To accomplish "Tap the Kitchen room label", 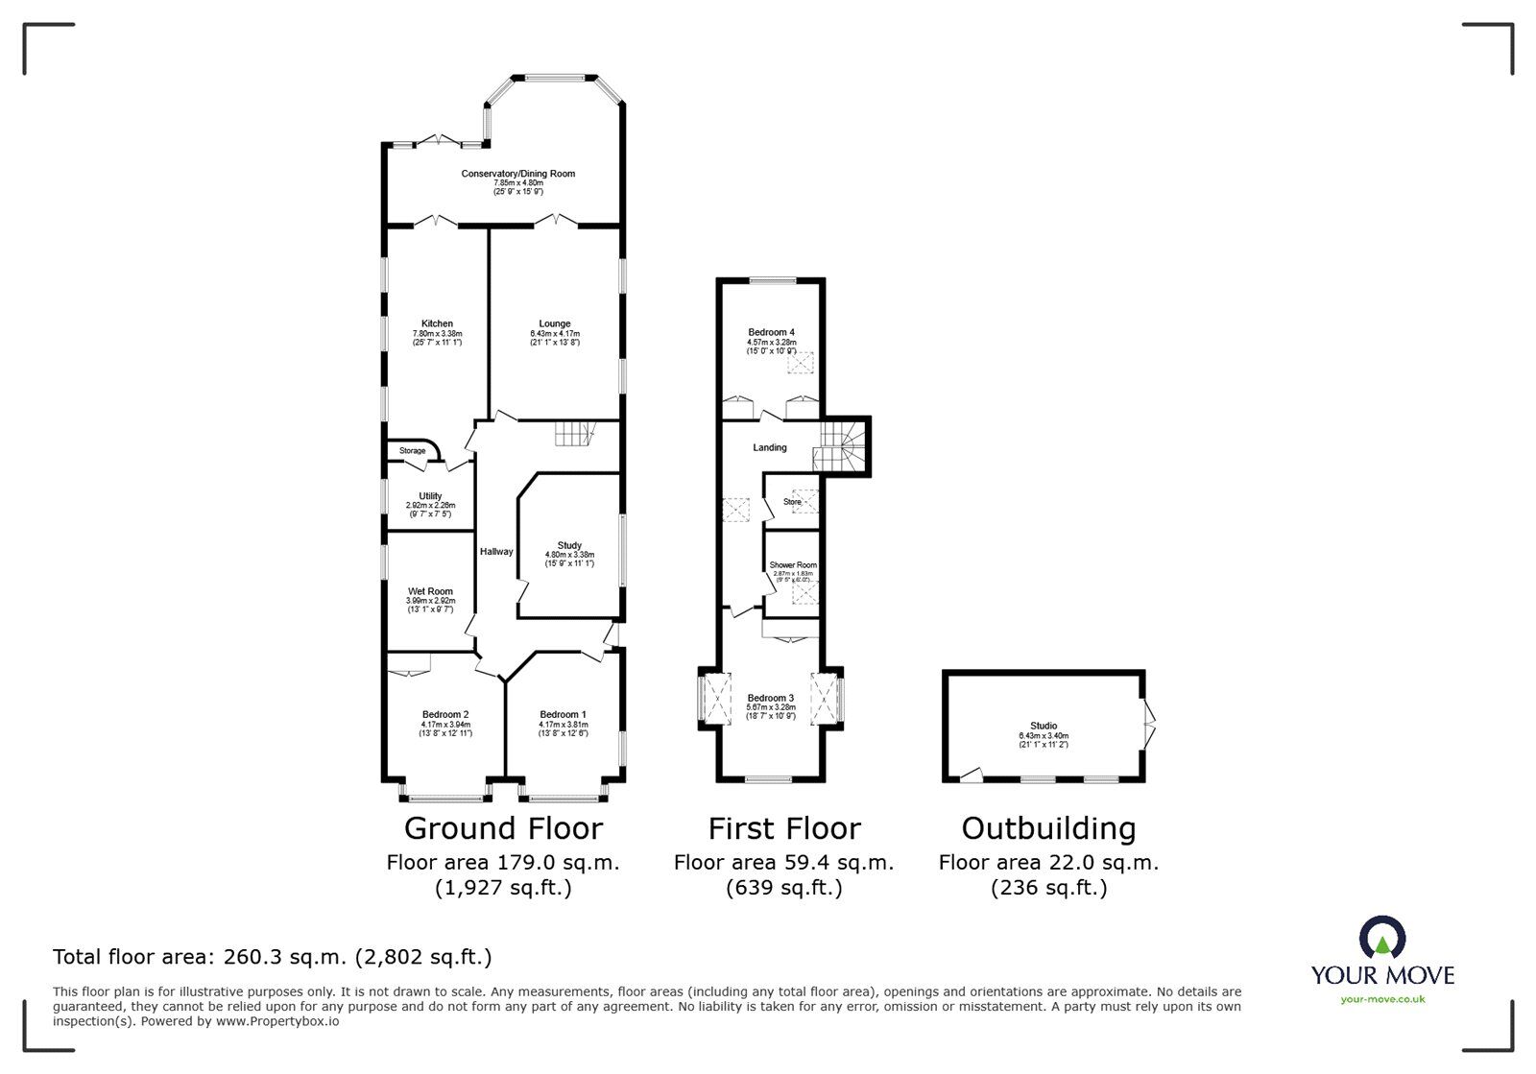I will click(437, 323).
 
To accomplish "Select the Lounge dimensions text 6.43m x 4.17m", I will click(554, 333).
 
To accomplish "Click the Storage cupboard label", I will click(412, 451).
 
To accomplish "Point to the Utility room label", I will click(430, 496).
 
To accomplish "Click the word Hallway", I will click(496, 552).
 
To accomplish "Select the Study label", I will click(569, 545).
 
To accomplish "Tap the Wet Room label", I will click(430, 591).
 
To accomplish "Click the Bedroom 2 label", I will click(445, 714).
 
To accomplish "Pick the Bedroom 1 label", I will click(563, 714).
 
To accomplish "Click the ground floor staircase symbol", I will click(574, 434).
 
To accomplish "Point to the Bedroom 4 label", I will click(772, 332).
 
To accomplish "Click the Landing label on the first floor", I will click(770, 447).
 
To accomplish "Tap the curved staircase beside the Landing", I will click(841, 447).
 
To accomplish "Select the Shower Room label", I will click(793, 565).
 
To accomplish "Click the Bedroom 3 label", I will click(771, 698).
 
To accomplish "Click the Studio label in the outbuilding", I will click(1044, 726).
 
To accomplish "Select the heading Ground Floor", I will click(503, 828).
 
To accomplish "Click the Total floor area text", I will click(272, 957).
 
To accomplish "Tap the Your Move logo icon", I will click(1382, 938).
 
